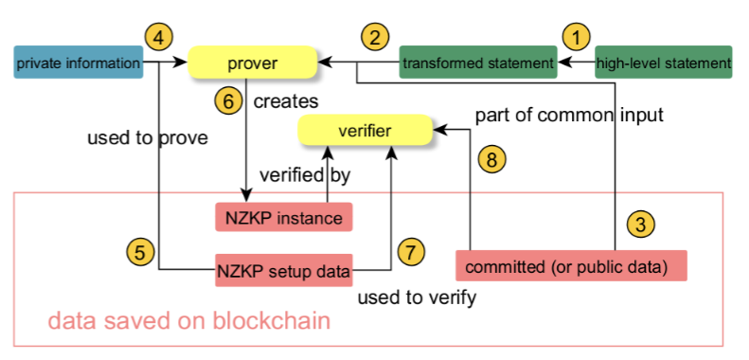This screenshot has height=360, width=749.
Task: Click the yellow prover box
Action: pos(252,63)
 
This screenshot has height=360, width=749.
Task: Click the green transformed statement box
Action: pos(477,63)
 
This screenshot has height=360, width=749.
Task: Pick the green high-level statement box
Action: pos(663,63)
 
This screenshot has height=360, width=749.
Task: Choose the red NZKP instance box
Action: pos(283,217)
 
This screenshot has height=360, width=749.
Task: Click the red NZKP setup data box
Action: pos(283,270)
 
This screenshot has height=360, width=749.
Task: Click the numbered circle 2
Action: pos(375,38)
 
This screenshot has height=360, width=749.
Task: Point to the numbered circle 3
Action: pos(641,225)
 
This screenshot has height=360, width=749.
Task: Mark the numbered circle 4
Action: pos(159,37)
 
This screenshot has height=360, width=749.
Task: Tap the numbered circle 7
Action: pos(410,252)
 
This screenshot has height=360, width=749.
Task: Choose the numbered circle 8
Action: pos(490,158)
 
